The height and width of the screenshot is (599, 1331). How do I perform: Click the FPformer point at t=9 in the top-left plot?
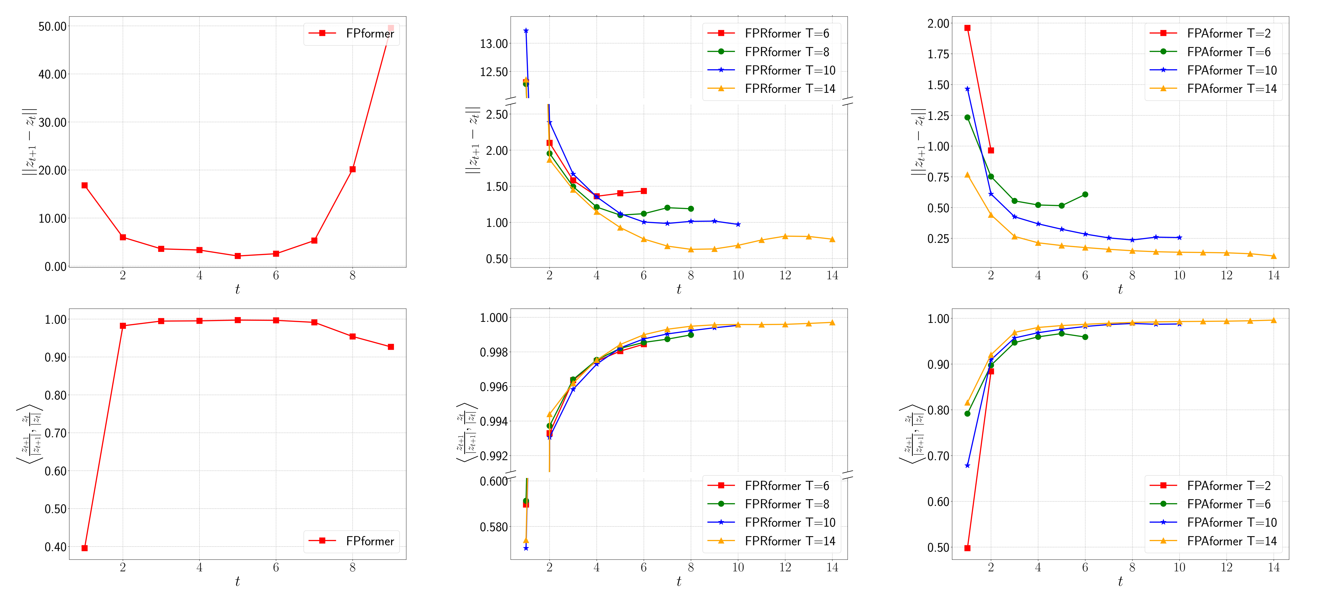pyautogui.click(x=391, y=28)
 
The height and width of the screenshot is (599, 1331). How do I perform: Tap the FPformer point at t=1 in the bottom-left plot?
pyautogui.click(x=85, y=548)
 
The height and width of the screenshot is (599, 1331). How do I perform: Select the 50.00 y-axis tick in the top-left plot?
pyautogui.click(x=53, y=26)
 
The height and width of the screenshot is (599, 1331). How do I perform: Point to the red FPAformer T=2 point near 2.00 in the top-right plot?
pyautogui.click(x=967, y=28)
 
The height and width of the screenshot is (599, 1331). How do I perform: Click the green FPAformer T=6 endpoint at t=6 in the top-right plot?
pyautogui.click(x=1085, y=195)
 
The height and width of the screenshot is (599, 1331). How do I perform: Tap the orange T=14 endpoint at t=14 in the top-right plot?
pyautogui.click(x=1274, y=256)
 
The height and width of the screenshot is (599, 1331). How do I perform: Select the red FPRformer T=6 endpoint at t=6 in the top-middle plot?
pyautogui.click(x=644, y=191)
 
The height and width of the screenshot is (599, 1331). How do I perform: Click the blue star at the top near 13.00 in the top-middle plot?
pyautogui.click(x=526, y=31)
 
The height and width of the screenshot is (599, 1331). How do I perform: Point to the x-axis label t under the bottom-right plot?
pyautogui.click(x=1120, y=581)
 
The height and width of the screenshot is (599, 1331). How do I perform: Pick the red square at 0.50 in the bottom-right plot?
pyautogui.click(x=967, y=548)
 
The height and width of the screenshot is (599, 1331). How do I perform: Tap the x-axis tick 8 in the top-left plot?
pyautogui.click(x=352, y=276)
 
